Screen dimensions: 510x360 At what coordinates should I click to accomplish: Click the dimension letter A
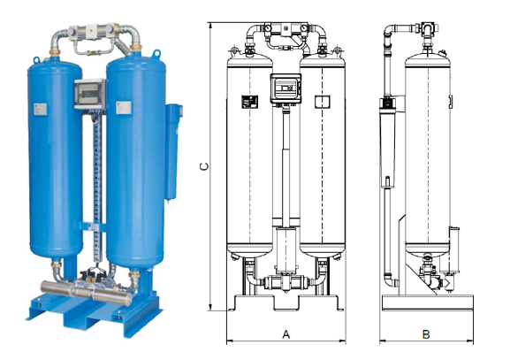pyautogui.click(x=285, y=334)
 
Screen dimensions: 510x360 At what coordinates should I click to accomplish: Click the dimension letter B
pyautogui.click(x=426, y=334)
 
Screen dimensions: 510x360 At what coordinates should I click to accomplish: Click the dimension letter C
pyautogui.click(x=204, y=166)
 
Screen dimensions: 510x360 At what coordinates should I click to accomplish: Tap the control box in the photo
pyautogui.click(x=90, y=94)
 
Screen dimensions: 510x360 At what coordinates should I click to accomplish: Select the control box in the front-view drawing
pyautogui.click(x=285, y=88)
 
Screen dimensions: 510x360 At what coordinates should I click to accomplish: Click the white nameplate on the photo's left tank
pyautogui.click(x=40, y=109)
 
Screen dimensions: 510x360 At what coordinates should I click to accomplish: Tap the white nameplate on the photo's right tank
pyautogui.click(x=124, y=107)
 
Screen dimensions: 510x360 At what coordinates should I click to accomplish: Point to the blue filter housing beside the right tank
pyautogui.click(x=172, y=151)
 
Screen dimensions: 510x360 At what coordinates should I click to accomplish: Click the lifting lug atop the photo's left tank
pyautogui.click(x=36, y=60)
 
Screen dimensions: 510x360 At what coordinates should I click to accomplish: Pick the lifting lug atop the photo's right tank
pyautogui.click(x=157, y=53)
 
